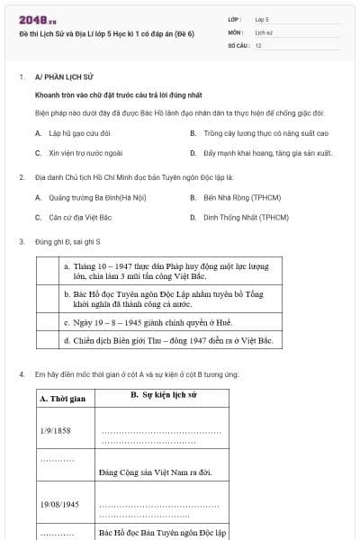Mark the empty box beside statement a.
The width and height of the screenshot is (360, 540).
[49, 271]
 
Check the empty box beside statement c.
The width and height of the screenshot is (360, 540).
[49, 321]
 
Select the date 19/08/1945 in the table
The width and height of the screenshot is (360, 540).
[59, 505]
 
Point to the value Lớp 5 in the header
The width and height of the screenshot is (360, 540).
[262, 18]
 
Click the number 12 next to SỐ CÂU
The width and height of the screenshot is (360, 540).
[258, 44]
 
